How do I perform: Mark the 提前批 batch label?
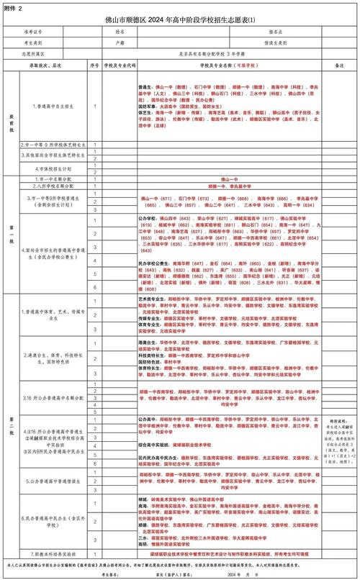pos(10,122)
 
